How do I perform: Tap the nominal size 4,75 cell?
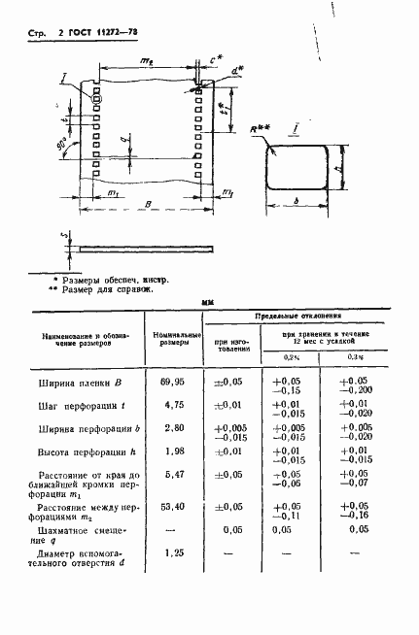(175, 407)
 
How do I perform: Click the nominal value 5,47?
(175, 475)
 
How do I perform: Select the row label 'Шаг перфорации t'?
(84, 407)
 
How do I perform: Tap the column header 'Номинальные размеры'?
(175, 337)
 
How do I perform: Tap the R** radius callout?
(260, 128)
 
